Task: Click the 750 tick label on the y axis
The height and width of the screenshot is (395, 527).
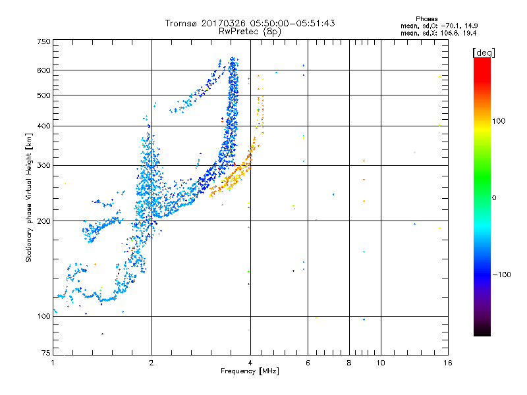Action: pyautogui.click(x=44, y=41)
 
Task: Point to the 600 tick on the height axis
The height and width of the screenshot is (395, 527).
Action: pyautogui.click(x=44, y=70)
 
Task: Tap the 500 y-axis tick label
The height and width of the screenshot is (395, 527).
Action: pyautogui.click(x=44, y=95)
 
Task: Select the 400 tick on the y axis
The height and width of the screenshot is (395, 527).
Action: pyautogui.click(x=44, y=126)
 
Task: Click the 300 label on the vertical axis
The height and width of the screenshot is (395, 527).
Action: pyautogui.click(x=44, y=165)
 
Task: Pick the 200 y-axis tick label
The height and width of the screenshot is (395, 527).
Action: pyautogui.click(x=44, y=221)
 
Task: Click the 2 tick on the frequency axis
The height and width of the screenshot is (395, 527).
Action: pyautogui.click(x=152, y=363)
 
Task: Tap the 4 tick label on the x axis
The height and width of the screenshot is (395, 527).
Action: pyautogui.click(x=250, y=363)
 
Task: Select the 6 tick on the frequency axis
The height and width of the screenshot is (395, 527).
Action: pyautogui.click(x=308, y=363)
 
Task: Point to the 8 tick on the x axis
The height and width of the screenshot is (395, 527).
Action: pyautogui.click(x=349, y=363)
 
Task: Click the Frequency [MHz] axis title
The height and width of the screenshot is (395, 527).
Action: pyautogui.click(x=250, y=371)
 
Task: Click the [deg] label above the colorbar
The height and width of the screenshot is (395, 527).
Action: pyautogui.click(x=484, y=52)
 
